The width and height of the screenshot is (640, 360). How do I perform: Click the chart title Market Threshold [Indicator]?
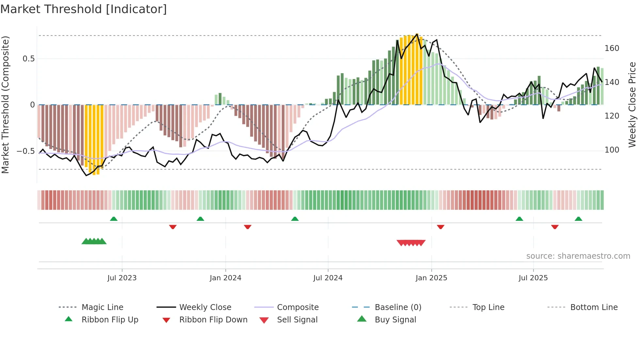pyautogui.click(x=84, y=9)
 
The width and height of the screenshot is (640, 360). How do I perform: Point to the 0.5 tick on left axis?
pyautogui.click(x=28, y=59)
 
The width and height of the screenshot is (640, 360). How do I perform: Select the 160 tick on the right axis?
pyautogui.click(x=612, y=48)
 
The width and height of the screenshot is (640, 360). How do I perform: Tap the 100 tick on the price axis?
pyautogui.click(x=612, y=150)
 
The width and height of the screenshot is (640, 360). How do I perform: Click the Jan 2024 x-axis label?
pyautogui.click(x=225, y=278)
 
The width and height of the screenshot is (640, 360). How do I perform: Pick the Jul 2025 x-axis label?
pyautogui.click(x=533, y=278)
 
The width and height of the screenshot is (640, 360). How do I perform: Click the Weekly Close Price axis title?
pyautogui.click(x=632, y=105)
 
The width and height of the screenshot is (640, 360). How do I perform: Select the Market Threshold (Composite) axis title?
pyautogui.click(x=5, y=105)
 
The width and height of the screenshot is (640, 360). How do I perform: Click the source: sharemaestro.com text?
pyautogui.click(x=578, y=256)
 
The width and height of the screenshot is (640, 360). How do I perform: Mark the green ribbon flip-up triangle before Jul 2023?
pyautogui.click(x=114, y=219)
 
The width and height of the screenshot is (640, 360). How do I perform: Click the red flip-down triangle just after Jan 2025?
pyautogui.click(x=440, y=227)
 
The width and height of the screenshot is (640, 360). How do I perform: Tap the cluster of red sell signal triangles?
pyautogui.click(x=411, y=243)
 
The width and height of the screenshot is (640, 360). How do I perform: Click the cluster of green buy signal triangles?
pyautogui.click(x=94, y=241)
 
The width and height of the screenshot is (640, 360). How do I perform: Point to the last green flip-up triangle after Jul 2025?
pyautogui.click(x=578, y=219)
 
